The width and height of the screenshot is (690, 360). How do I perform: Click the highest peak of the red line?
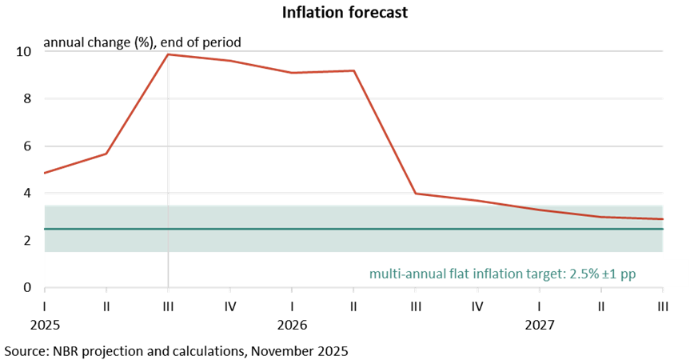tap(168, 54)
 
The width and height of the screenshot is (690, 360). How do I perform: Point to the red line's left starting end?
tap(45, 172)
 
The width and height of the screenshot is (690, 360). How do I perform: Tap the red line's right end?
tap(663, 219)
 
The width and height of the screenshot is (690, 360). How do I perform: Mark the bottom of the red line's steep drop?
tap(416, 194)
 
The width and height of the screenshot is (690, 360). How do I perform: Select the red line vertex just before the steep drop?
tap(353, 70)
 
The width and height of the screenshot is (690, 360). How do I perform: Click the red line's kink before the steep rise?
tap(106, 154)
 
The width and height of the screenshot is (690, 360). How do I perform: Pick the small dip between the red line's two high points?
tap(293, 73)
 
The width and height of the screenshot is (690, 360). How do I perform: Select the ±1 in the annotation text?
tap(612, 274)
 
